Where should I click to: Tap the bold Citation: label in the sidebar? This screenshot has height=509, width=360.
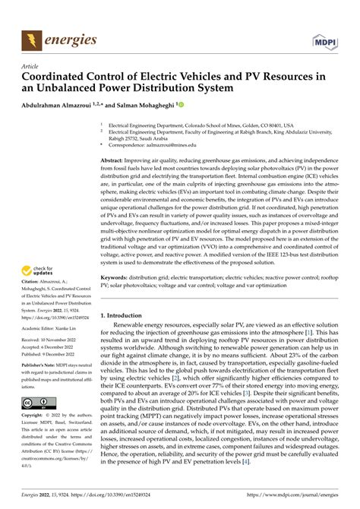(x=33, y=290)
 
